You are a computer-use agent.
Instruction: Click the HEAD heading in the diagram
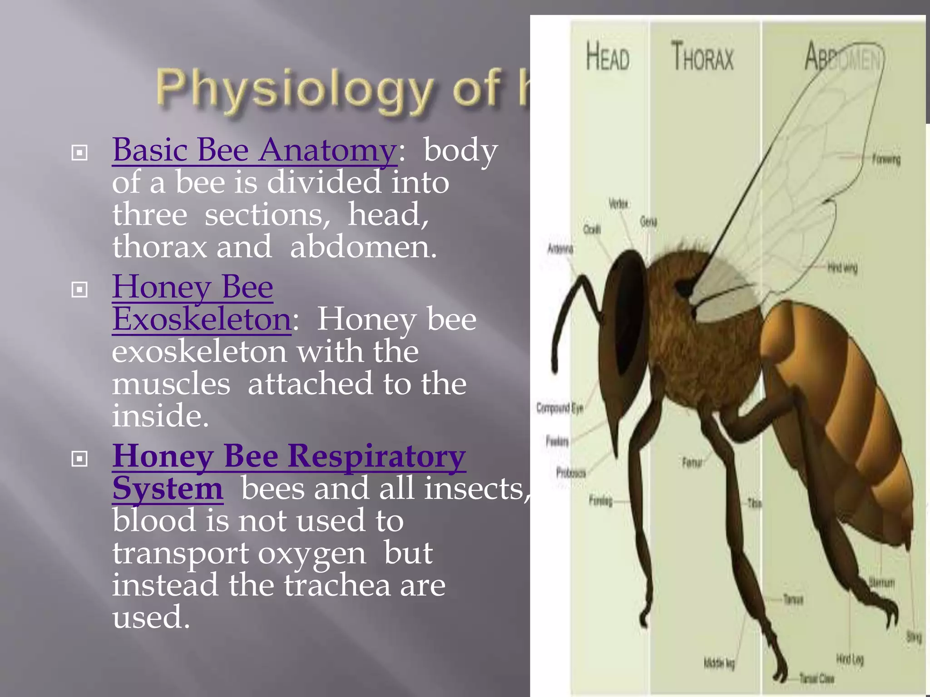[608, 57]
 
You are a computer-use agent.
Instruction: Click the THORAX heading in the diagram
[702, 57]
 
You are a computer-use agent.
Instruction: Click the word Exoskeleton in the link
[202, 319]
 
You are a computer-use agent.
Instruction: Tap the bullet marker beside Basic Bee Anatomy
[79, 153]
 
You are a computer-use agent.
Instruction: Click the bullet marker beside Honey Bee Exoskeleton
[79, 290]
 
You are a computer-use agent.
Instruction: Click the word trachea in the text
[337, 585]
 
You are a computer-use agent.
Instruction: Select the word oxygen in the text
[312, 554]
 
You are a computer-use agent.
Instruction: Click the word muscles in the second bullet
[171, 384]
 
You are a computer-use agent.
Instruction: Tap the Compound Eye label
[559, 408]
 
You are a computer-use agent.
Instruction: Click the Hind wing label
[842, 268]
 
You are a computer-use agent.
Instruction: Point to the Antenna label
[560, 249]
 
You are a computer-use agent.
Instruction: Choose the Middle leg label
[719, 663]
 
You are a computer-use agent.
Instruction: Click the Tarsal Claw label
[816, 679]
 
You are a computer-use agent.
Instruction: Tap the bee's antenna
[568, 313]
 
